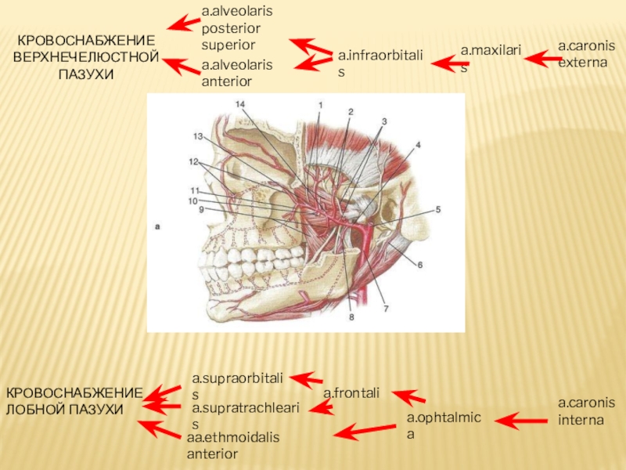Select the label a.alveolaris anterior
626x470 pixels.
point(237,73)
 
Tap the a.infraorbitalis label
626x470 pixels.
point(380,63)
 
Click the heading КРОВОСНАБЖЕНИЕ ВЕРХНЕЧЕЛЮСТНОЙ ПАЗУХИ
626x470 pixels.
point(86,56)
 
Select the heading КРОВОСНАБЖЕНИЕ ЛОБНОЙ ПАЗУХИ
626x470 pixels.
point(74,401)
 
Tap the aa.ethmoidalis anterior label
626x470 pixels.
point(232,445)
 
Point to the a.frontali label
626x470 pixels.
point(351,392)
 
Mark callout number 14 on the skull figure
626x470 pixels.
point(239,104)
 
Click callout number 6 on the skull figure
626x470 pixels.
point(419,266)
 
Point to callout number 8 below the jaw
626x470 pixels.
point(351,317)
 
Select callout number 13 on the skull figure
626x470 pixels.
point(199,136)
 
